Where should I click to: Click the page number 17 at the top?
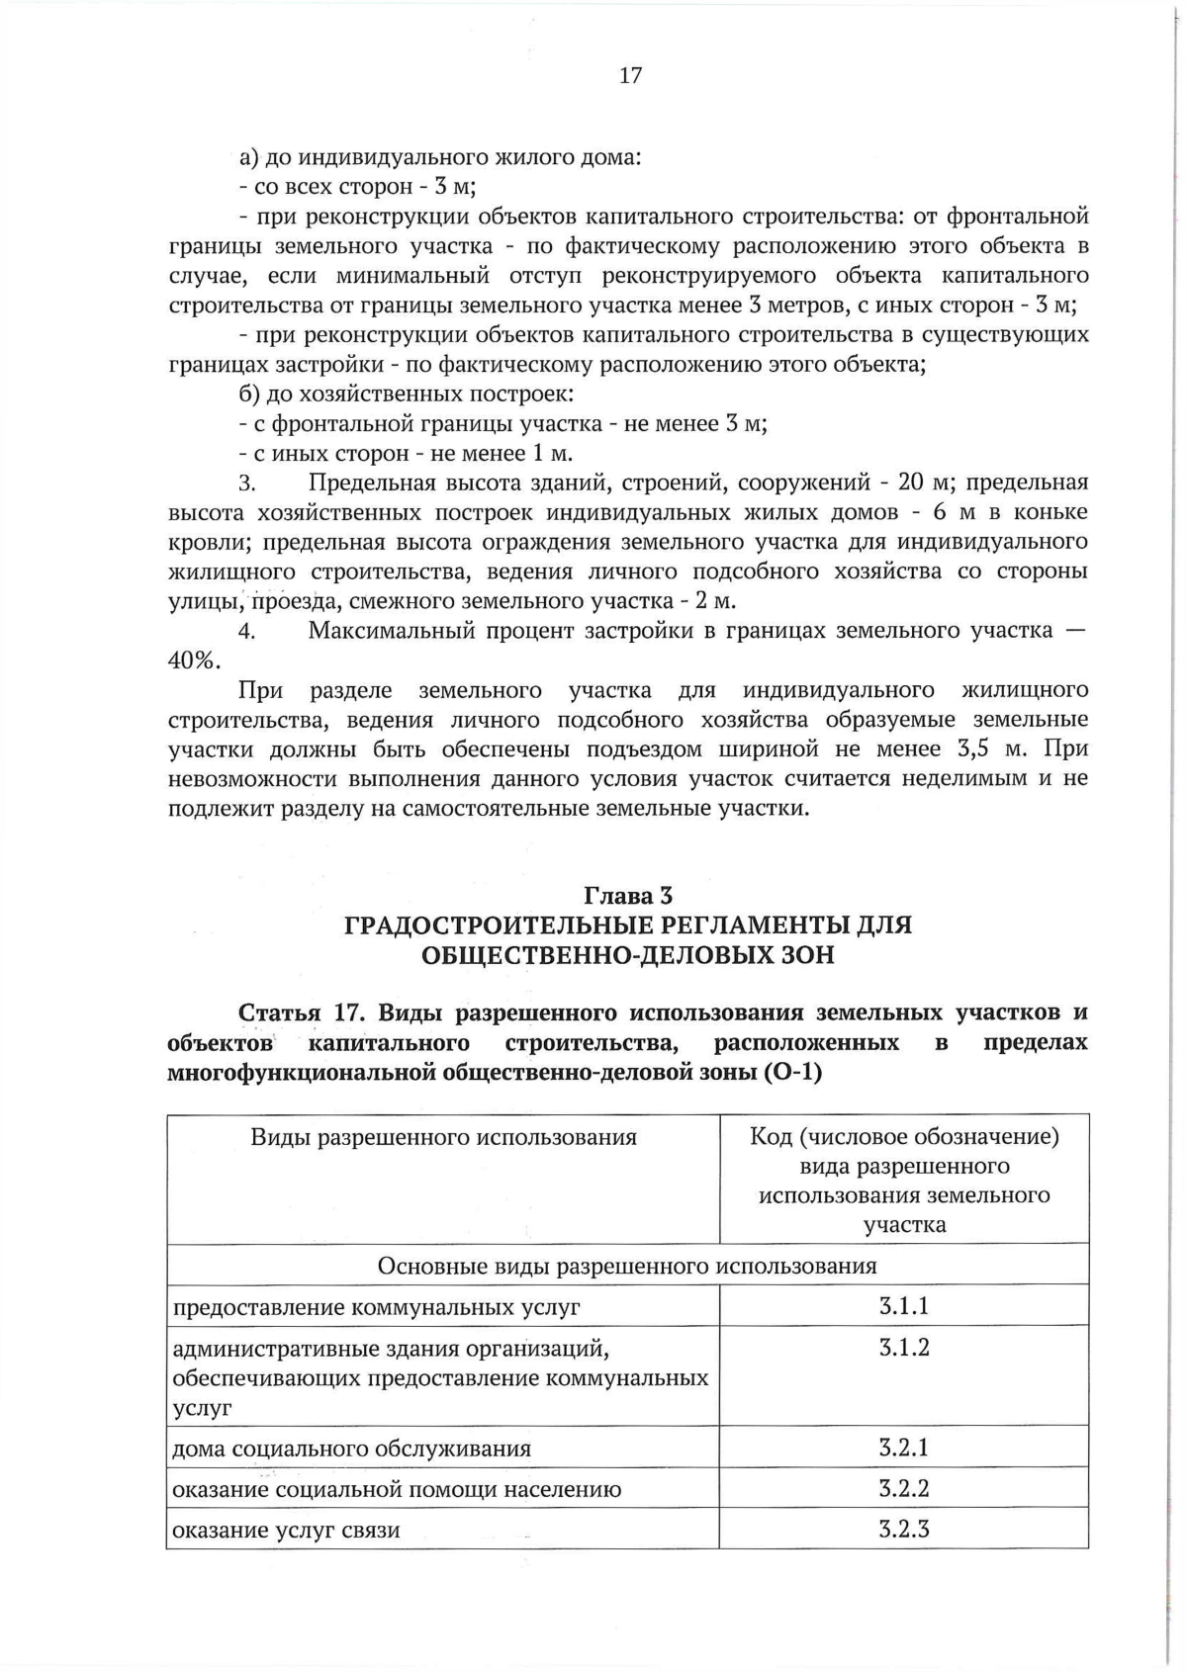pos(630,76)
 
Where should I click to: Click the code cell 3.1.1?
pos(903,1306)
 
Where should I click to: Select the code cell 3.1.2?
pos(903,1348)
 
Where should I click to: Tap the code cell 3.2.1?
pos(903,1448)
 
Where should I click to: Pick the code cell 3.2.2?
pos(903,1488)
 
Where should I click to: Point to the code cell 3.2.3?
pos(903,1530)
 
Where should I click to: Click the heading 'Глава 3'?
pos(628,896)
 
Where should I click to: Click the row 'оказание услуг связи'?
pos(286,1531)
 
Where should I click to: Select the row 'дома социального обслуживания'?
pos(351,1449)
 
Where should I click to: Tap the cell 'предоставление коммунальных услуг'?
pos(376,1307)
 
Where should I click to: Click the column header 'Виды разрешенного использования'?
pos(443,1137)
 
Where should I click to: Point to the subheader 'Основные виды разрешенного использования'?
pos(627,1267)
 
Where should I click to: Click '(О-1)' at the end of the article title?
pos(792,1073)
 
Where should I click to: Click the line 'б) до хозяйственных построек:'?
pos(406,395)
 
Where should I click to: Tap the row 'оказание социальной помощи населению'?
pos(397,1489)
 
